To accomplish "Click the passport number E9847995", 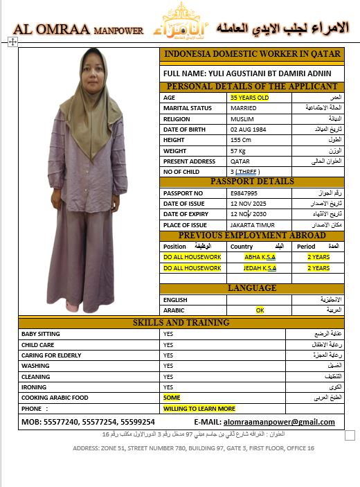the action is [244, 193].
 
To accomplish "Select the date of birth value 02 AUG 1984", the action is [249, 130].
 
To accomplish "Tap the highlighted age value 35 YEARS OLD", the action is [249, 98].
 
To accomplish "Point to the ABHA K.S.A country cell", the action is [260, 257].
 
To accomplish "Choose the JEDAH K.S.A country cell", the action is [260, 267].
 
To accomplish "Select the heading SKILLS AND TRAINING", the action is [181, 323].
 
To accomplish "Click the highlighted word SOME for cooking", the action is [172, 398].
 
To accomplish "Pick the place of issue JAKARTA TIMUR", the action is [253, 225].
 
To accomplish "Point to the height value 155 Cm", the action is [241, 140].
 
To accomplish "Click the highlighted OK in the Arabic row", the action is [260, 310].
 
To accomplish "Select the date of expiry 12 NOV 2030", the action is [250, 214].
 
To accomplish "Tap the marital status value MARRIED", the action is [243, 108].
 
